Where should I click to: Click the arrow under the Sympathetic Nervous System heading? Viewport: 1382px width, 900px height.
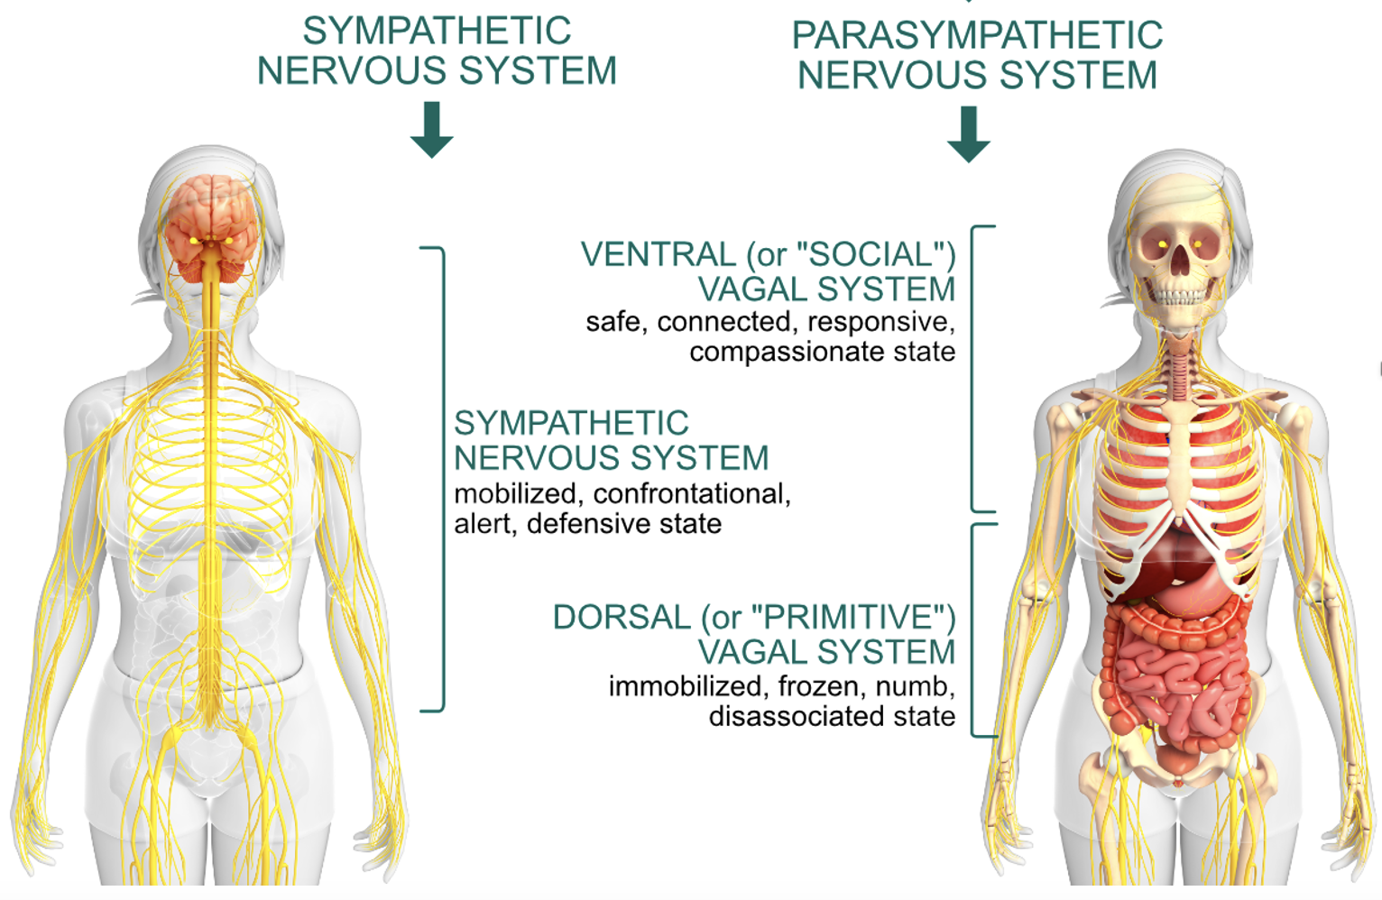coord(432,130)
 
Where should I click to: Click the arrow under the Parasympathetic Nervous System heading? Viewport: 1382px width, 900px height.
coord(969,134)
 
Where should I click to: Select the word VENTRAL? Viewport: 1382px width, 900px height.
coord(658,255)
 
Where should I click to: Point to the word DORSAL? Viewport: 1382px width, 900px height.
coord(622,618)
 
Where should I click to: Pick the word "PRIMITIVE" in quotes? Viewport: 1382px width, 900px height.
coord(853,618)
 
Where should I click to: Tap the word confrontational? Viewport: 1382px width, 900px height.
coord(691,494)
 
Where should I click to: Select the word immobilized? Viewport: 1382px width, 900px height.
coord(685,687)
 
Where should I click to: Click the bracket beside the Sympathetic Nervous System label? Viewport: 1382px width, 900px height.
coord(442,478)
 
